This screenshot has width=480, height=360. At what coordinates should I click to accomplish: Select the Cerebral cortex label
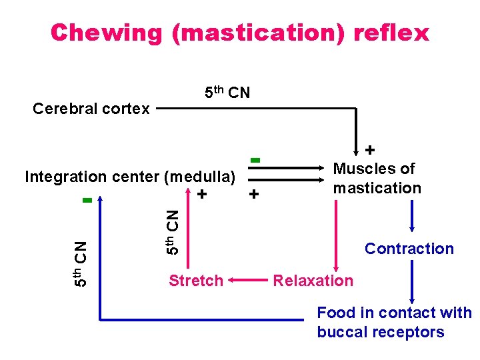pyautogui.click(x=91, y=109)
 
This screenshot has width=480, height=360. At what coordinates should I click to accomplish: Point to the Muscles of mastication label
pyautogui.click(x=377, y=179)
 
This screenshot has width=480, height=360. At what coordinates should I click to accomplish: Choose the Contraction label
pyautogui.click(x=409, y=249)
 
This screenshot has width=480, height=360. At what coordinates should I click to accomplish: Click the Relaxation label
pyautogui.click(x=313, y=280)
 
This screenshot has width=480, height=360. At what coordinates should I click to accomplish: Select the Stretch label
pyautogui.click(x=196, y=280)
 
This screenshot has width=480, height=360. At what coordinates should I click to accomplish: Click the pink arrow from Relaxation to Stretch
pyautogui.click(x=250, y=281)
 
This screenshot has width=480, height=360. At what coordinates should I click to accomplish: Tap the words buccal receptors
pyautogui.click(x=381, y=332)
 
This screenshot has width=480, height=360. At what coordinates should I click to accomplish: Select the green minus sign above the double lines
pyautogui.click(x=255, y=160)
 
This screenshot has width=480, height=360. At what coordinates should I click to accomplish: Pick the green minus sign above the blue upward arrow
pyautogui.click(x=86, y=199)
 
